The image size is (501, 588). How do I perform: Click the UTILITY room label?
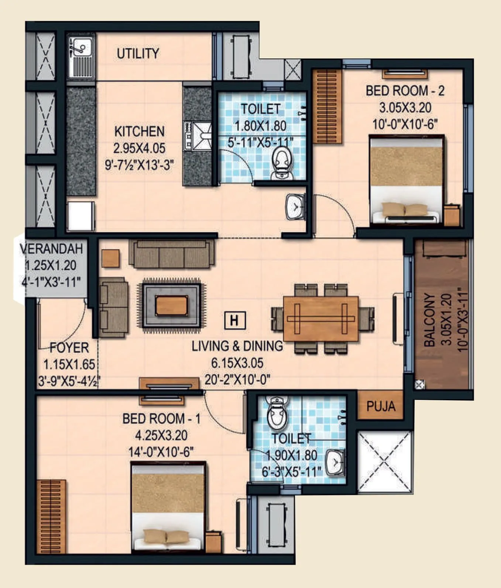tap(138, 54)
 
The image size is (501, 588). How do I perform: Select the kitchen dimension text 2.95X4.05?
tap(139, 148)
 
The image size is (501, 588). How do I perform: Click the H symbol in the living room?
tap(235, 320)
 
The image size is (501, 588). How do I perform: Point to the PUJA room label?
tap(381, 407)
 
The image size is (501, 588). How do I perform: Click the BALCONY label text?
tap(430, 320)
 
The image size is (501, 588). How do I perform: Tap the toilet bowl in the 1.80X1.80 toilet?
tap(282, 162)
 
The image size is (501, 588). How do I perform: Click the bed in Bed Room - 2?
tap(406, 180)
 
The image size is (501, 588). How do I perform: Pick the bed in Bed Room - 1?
tap(168, 506)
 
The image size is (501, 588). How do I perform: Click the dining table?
tap(320, 319)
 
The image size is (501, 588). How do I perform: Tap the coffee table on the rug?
tap(171, 306)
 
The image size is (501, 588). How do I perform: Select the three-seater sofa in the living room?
tap(172, 254)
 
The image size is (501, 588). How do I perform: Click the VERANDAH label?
tap(51, 249)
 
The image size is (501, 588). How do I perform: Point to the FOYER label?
tap(69, 348)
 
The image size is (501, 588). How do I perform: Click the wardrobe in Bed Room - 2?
tap(327, 106)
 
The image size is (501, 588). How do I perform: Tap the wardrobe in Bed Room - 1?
tap(51, 516)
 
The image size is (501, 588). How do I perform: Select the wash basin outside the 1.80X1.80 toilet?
tap(295, 207)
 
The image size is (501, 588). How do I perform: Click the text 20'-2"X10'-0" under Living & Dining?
tap(237, 380)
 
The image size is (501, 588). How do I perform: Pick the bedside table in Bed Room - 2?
tap(452, 215)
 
